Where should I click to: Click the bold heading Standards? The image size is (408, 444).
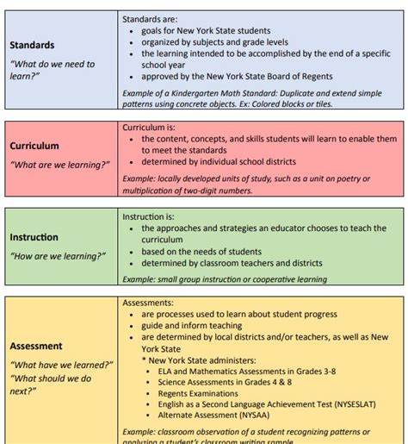[x=32, y=45]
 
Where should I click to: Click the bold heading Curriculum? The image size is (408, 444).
[x=34, y=146]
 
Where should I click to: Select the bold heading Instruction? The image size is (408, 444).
[x=34, y=237]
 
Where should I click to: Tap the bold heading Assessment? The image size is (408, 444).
[x=36, y=346]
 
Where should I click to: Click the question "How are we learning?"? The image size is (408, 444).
[x=58, y=256]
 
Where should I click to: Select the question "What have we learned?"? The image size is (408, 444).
[x=61, y=365]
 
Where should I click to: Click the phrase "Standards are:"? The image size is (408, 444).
[x=151, y=18]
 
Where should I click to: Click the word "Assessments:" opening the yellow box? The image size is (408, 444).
[x=148, y=303]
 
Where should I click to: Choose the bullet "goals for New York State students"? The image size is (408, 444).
[x=206, y=30]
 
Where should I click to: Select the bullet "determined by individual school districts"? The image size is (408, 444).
[x=219, y=161]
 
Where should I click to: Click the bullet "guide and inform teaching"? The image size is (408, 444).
[x=193, y=326]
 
